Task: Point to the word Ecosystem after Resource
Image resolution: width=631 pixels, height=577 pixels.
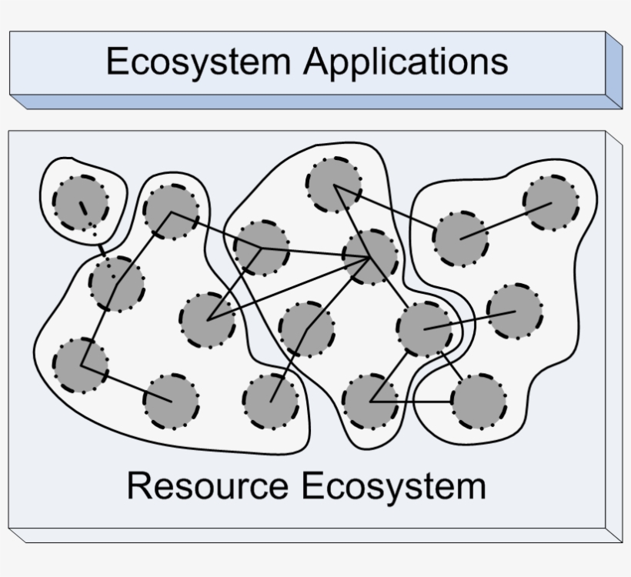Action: click(392, 486)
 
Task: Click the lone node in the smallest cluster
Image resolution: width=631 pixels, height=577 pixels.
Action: click(81, 202)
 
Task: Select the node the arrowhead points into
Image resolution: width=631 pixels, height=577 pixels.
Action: click(372, 256)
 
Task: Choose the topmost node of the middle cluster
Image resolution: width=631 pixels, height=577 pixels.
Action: click(334, 185)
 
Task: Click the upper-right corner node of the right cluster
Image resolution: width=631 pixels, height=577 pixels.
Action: click(551, 202)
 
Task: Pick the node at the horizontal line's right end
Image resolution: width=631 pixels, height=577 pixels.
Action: click(479, 402)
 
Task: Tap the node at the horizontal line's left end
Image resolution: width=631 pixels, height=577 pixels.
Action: click(370, 402)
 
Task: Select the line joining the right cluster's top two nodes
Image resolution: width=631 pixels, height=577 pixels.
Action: click(506, 221)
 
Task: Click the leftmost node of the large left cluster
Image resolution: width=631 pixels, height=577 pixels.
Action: click(81, 364)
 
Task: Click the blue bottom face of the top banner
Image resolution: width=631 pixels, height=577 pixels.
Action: click(315, 102)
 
